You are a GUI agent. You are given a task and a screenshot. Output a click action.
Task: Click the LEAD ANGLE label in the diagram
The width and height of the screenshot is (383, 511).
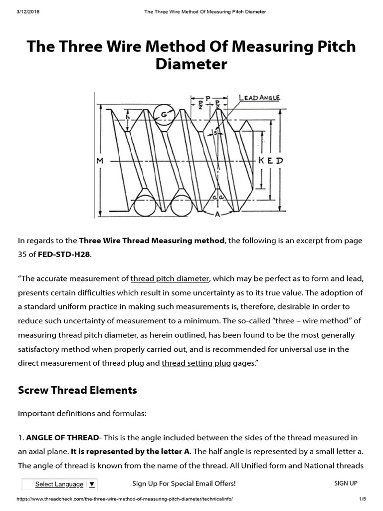259,98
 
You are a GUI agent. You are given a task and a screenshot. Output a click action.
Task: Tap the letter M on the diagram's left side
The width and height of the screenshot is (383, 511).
100,161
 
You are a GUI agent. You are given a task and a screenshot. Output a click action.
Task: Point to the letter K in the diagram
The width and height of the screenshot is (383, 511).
263,161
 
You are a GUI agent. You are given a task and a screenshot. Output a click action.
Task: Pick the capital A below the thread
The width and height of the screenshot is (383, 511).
217,215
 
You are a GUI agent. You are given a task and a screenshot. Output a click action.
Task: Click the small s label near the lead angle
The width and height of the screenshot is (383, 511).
215,132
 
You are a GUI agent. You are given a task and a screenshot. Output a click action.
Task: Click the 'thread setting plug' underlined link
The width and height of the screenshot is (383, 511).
196,363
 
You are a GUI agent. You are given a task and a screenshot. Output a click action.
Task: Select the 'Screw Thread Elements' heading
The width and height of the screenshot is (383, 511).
77,390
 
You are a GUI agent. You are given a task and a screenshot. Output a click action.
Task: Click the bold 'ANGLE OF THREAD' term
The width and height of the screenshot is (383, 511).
62,438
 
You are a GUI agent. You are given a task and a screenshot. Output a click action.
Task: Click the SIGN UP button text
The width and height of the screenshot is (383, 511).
346,483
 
